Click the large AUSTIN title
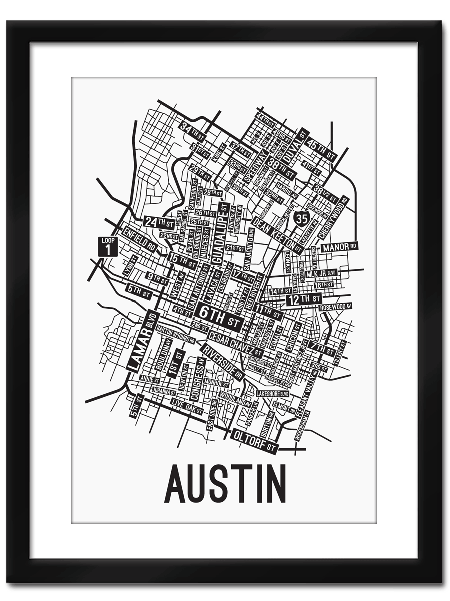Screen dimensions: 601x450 coord(225,484)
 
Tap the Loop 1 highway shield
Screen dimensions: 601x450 coord(108,246)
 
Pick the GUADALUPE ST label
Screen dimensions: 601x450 coord(218,235)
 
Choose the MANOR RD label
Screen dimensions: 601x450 coord(340,247)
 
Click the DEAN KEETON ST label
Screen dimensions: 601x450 coord(278,233)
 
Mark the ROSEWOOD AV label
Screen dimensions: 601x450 coord(336,306)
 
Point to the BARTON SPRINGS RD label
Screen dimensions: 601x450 coord(175,331)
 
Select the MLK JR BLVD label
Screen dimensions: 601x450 coord(322,274)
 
